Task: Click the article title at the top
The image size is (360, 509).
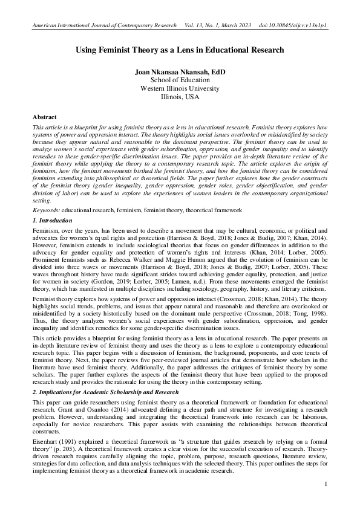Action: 180,52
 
